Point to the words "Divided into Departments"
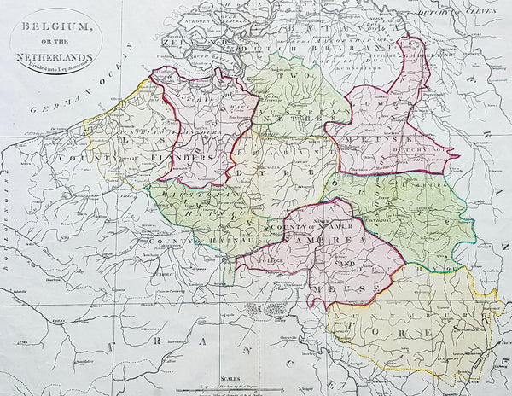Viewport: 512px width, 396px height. (58, 61)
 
